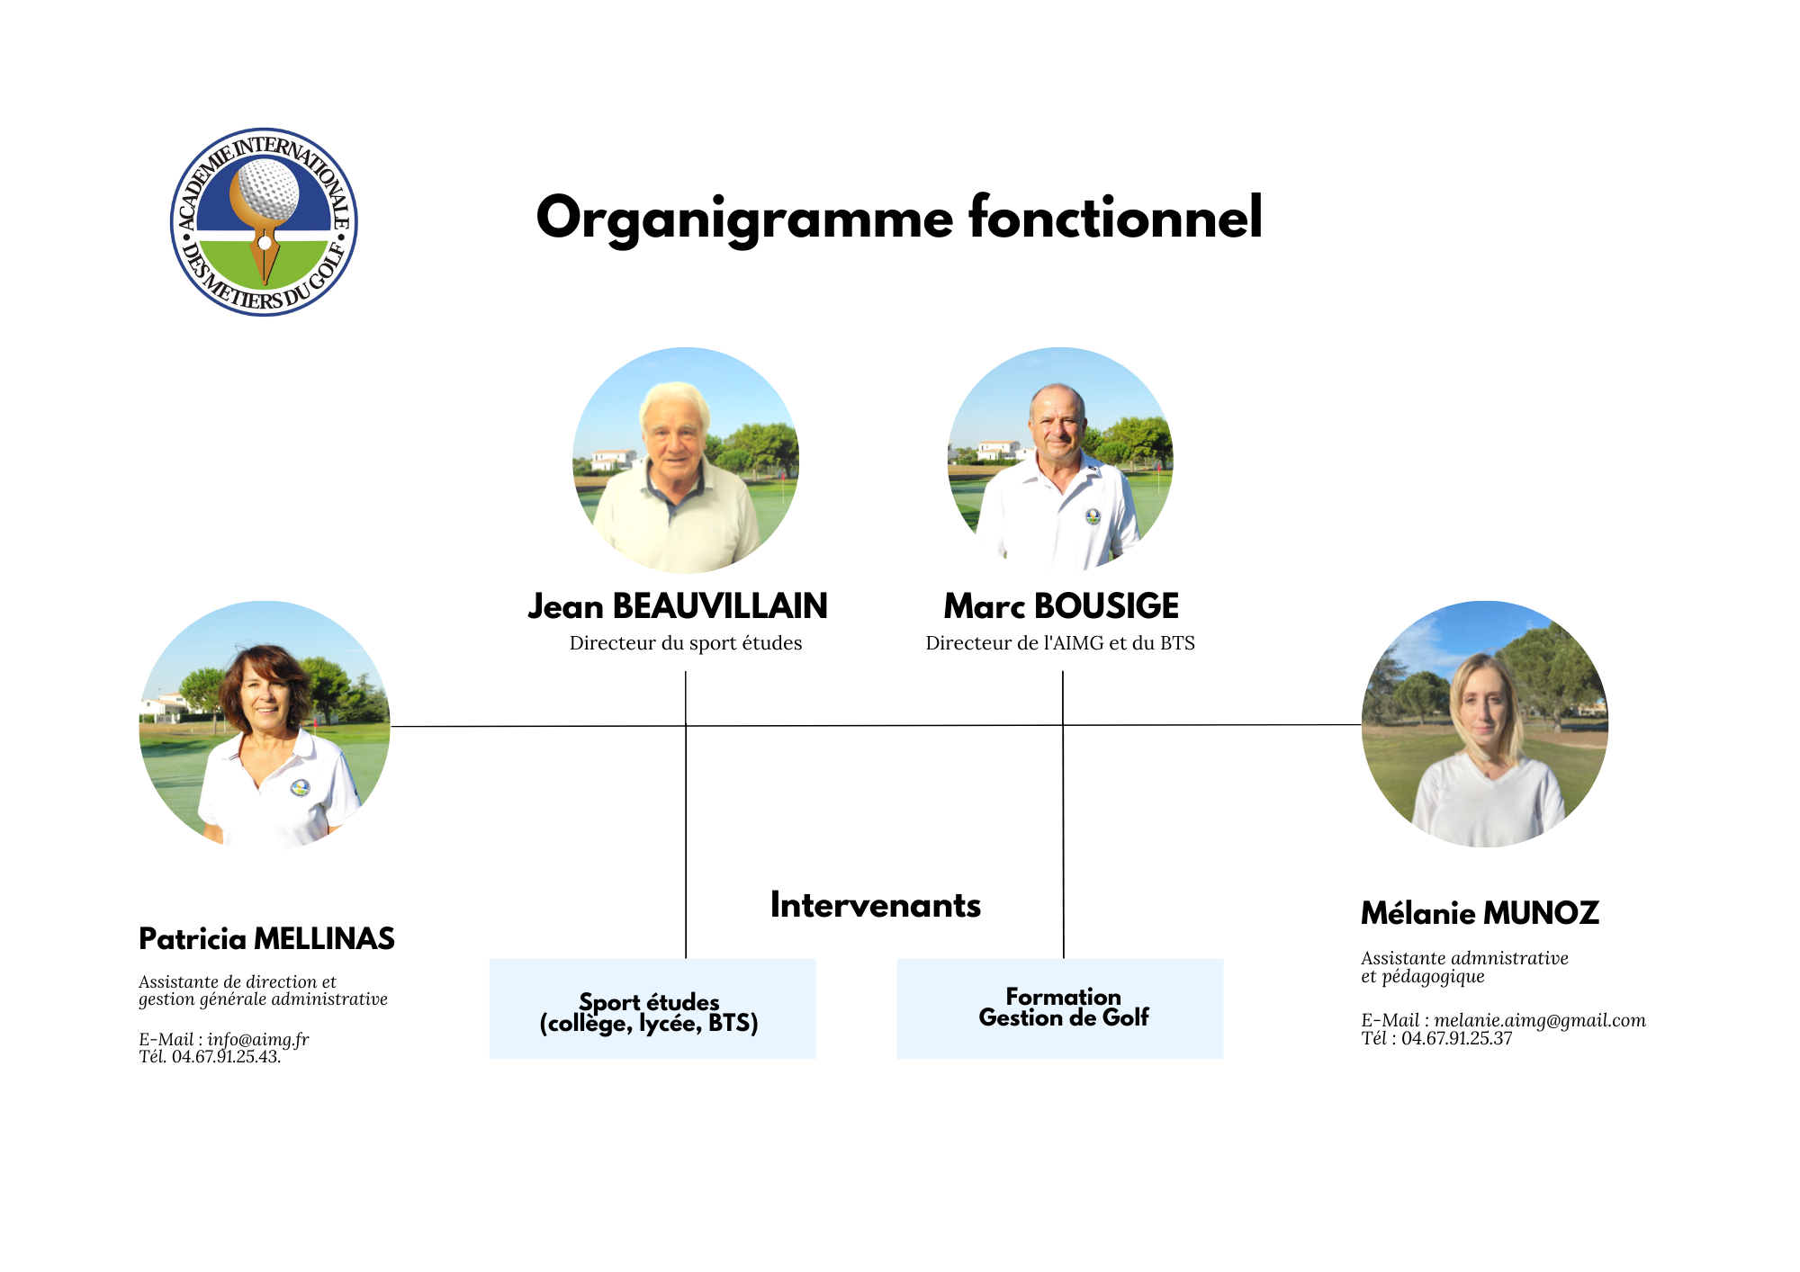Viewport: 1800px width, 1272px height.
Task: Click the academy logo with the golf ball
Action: click(264, 222)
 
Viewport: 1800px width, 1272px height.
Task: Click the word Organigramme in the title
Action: click(744, 219)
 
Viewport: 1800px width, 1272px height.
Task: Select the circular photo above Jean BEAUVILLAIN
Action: click(686, 461)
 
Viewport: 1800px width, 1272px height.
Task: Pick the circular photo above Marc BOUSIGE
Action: click(1060, 459)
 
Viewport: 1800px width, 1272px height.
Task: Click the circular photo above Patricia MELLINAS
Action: click(265, 725)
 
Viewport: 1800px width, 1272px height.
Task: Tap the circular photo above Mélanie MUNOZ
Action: click(1485, 724)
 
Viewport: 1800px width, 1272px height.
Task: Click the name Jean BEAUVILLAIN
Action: click(678, 606)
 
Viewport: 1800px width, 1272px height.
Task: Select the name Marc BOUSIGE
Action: click(1061, 606)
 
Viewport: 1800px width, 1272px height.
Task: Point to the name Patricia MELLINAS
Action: click(266, 939)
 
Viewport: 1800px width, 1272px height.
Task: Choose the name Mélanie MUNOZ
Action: click(1480, 913)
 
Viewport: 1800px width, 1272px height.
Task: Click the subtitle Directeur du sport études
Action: click(686, 643)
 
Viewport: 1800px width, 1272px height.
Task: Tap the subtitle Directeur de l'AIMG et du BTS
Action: click(1060, 643)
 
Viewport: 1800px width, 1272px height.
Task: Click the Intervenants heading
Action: click(876, 905)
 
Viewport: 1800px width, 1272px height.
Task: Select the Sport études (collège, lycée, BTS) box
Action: click(652, 1008)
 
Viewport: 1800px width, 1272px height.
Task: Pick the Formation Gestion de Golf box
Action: click(1060, 1008)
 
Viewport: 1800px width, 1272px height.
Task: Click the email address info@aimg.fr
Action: click(258, 1040)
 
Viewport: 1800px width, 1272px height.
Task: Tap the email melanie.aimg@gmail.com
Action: click(1540, 1020)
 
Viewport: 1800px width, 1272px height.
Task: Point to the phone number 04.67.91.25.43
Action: click(226, 1057)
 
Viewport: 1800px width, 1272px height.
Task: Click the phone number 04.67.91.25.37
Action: click(1456, 1038)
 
